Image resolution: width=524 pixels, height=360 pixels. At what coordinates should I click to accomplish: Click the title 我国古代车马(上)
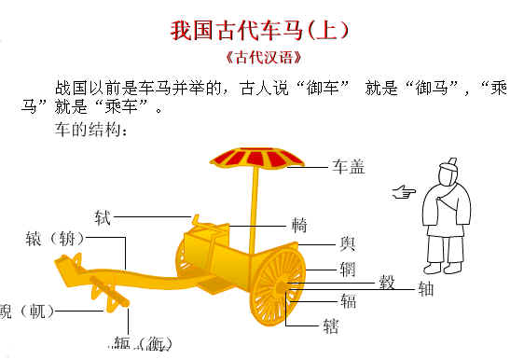pyautogui.click(x=260, y=30)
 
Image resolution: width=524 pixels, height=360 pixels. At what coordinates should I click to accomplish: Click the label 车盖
pyautogui.click(x=349, y=167)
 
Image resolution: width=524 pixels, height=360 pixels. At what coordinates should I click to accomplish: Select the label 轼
pyautogui.click(x=103, y=217)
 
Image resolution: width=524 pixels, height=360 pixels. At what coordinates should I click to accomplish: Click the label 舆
pyautogui.click(x=348, y=243)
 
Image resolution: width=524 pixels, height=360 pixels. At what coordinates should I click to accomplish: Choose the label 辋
pyautogui.click(x=348, y=269)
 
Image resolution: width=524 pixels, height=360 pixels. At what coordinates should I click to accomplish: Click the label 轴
pyautogui.click(x=426, y=288)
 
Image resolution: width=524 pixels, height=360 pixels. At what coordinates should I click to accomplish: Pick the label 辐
pyautogui.click(x=347, y=301)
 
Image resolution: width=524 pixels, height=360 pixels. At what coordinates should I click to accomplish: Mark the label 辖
pyautogui.click(x=329, y=325)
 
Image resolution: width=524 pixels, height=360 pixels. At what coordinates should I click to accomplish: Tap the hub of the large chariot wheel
pyautogui.click(x=283, y=285)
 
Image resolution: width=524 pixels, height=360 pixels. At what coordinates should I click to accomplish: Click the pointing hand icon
pyautogui.click(x=403, y=193)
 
